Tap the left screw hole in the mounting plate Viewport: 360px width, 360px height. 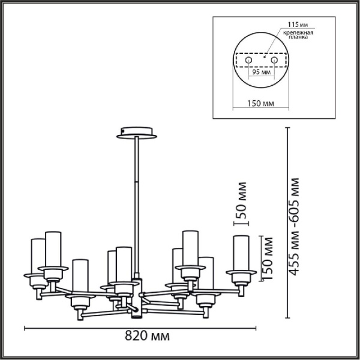[247, 61]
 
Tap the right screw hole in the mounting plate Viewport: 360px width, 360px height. [275, 61]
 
